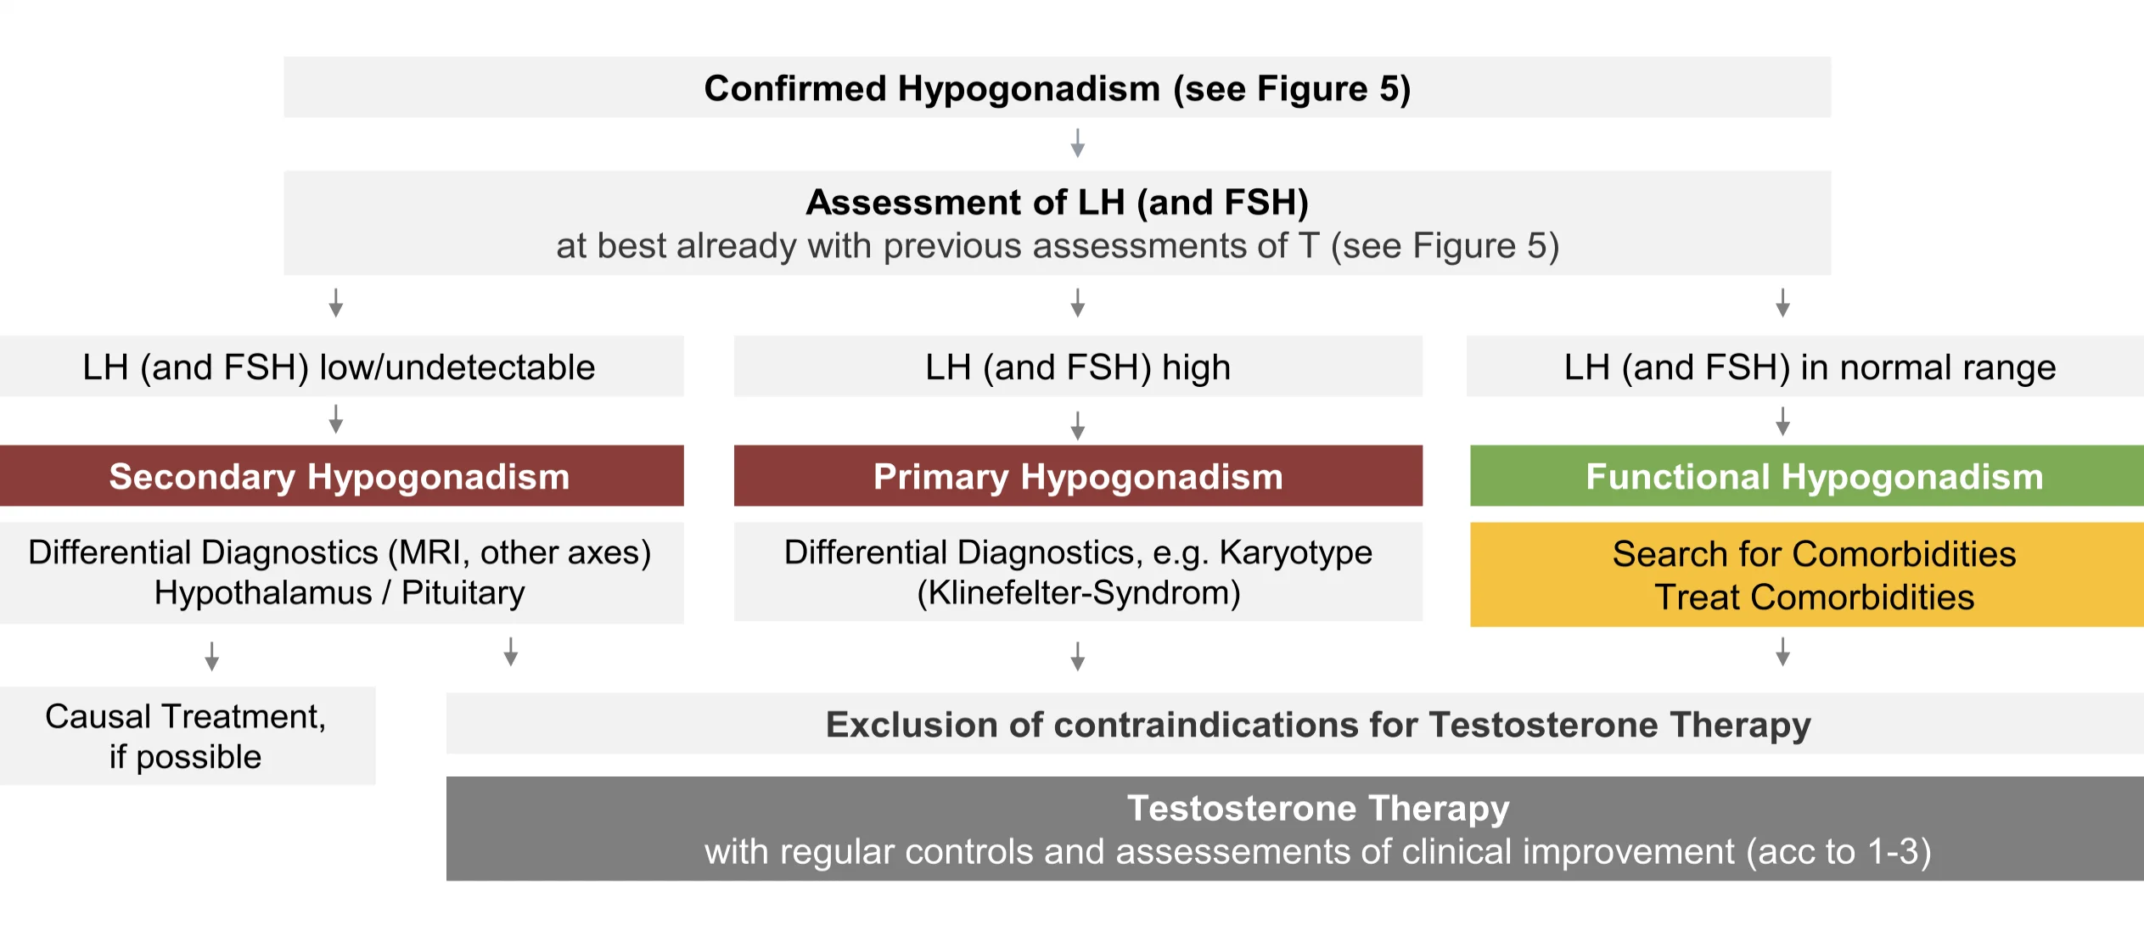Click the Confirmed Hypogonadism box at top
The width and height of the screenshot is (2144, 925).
(1057, 87)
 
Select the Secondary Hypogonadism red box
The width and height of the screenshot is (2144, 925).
(341, 476)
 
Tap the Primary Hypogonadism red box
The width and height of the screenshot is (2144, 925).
(1078, 476)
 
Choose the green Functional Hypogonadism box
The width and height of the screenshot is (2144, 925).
(1807, 476)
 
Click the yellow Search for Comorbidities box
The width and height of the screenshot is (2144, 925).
(1807, 575)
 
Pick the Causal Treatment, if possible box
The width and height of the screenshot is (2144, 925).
(187, 736)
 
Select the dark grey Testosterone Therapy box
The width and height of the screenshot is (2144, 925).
(1295, 829)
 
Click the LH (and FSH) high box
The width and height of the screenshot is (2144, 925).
(1078, 367)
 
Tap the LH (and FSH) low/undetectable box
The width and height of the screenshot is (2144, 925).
(341, 367)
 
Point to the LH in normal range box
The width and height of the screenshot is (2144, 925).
(1805, 367)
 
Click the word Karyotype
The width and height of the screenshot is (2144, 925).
(1296, 553)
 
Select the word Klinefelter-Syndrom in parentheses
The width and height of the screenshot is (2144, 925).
(1079, 593)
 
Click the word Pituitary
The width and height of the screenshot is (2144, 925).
(463, 593)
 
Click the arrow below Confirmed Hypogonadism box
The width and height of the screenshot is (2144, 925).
(1078, 143)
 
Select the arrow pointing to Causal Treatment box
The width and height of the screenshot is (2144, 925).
(212, 656)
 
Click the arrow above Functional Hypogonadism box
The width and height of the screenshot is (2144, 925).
(1783, 421)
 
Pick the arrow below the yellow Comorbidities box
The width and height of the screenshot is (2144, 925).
(1783, 652)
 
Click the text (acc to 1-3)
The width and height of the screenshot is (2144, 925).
(1838, 851)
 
